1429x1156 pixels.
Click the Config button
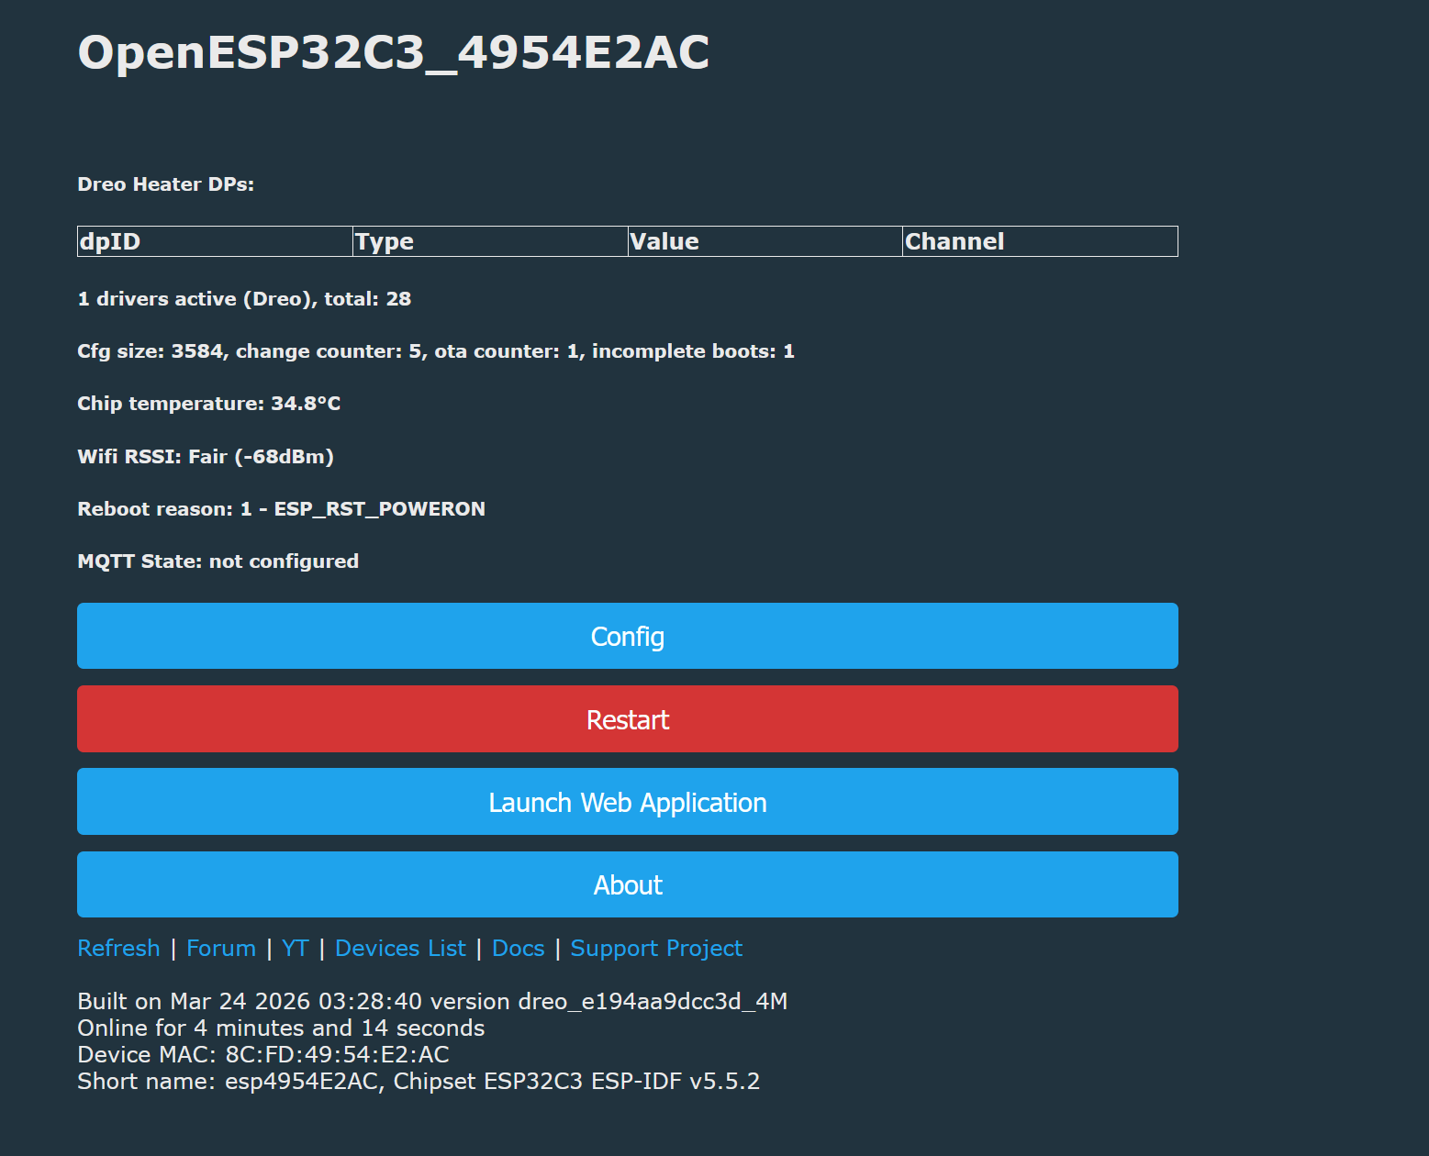click(627, 636)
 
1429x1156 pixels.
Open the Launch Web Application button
click(627, 801)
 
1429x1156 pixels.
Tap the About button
click(627, 884)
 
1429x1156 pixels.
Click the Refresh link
click(118, 948)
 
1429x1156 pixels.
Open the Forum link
click(220, 948)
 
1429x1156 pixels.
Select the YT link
click(296, 948)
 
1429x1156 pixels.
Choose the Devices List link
click(400, 948)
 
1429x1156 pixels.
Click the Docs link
click(518, 948)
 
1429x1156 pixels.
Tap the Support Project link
click(656, 948)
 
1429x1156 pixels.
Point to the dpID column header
click(110, 241)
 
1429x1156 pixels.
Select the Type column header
click(385, 241)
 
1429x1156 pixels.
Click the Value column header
click(664, 241)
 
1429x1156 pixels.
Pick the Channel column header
click(954, 241)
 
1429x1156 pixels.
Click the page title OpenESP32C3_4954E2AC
click(394, 53)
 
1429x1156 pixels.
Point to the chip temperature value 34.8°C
click(306, 403)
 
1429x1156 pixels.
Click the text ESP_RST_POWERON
click(380, 509)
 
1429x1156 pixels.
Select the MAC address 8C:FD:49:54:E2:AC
click(337, 1055)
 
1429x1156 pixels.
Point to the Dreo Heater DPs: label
click(166, 183)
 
